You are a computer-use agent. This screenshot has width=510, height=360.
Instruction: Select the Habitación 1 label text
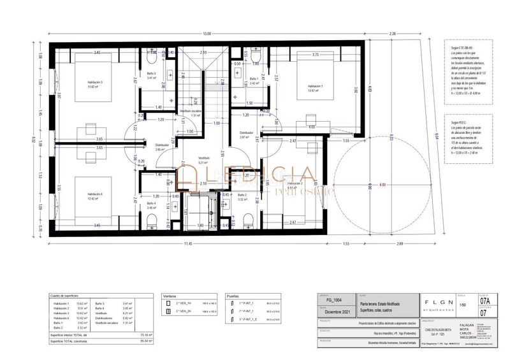pyautogui.click(x=315, y=87)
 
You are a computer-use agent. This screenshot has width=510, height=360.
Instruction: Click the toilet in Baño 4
pyautogui.click(x=152, y=221)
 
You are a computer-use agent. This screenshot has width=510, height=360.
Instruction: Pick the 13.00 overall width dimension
pyautogui.click(x=207, y=33)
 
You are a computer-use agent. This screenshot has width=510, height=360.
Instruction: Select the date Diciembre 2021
pyautogui.click(x=337, y=312)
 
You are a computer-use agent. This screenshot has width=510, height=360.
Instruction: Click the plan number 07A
pyautogui.click(x=485, y=300)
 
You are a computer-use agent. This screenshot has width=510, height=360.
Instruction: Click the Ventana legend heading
pyautogui.click(x=169, y=296)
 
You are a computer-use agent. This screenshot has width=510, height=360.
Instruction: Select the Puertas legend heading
pyautogui.click(x=232, y=296)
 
